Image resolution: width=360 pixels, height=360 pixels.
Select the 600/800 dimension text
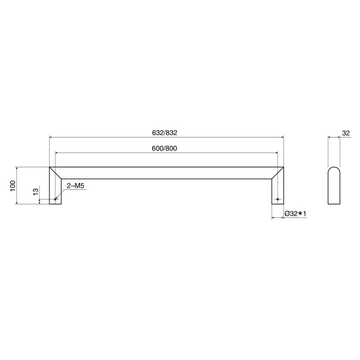pos(164,148)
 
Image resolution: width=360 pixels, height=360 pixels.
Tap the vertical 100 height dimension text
pos(12,186)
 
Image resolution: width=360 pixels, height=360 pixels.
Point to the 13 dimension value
pos(35,192)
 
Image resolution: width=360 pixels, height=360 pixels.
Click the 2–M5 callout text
pos(76,186)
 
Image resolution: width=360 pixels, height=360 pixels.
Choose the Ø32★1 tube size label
pos(297,213)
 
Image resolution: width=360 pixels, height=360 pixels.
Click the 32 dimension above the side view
pos(345,133)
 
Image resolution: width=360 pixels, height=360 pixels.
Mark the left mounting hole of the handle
pos(55,199)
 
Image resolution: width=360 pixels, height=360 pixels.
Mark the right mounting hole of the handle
pos(277,199)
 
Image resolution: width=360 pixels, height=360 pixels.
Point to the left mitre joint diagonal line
pos(55,172)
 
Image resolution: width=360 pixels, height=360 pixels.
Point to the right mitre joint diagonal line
pos(277,172)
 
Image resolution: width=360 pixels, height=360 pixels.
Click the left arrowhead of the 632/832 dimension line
pos(51,137)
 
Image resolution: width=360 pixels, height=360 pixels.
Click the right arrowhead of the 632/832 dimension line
pos(282,137)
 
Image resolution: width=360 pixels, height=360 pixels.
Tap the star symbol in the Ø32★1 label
pos(301,213)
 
